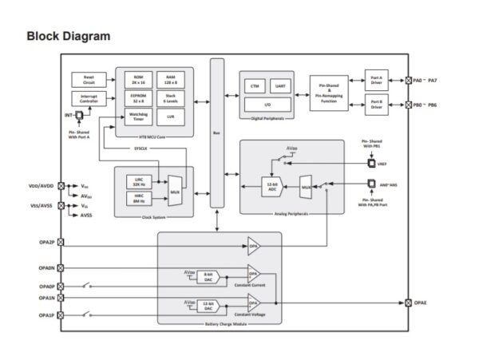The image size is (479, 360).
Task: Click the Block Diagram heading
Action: pyautogui.click(x=68, y=36)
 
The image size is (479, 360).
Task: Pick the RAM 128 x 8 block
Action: pyautogui.click(x=171, y=78)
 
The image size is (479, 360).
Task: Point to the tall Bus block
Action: pyautogui.click(x=216, y=133)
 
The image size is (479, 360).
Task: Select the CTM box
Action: pyautogui.click(x=255, y=86)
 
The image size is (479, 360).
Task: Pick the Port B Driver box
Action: pyautogui.click(x=377, y=105)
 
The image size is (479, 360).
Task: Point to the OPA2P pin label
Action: pyautogui.click(x=46, y=242)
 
